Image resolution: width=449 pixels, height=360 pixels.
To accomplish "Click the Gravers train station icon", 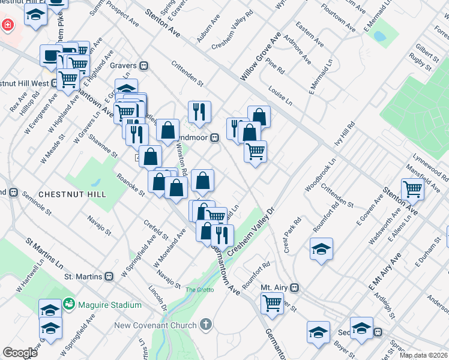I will (x=144, y=65).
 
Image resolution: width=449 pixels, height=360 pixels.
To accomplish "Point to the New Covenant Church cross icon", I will (x=206, y=325).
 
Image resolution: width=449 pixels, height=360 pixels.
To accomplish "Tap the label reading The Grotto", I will (x=199, y=290).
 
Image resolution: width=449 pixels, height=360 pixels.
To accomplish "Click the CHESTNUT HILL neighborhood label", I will (x=71, y=194).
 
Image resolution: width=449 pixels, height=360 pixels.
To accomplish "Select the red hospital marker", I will (x=7, y=26).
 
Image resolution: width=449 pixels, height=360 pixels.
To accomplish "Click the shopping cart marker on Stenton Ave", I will (x=413, y=189).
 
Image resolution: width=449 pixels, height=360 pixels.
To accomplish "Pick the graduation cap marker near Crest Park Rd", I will (x=321, y=249).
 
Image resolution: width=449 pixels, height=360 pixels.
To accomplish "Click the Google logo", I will (x=20, y=353).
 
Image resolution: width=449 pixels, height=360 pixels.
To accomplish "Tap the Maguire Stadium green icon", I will (x=70, y=305).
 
